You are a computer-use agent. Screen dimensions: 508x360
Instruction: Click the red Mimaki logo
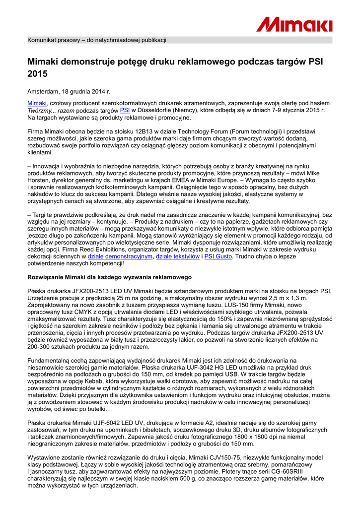[294, 23]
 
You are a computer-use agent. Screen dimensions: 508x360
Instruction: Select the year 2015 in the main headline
[37, 74]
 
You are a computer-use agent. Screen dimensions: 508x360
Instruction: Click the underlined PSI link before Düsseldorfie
[125, 110]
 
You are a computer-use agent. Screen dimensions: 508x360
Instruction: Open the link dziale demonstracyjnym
[120, 257]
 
